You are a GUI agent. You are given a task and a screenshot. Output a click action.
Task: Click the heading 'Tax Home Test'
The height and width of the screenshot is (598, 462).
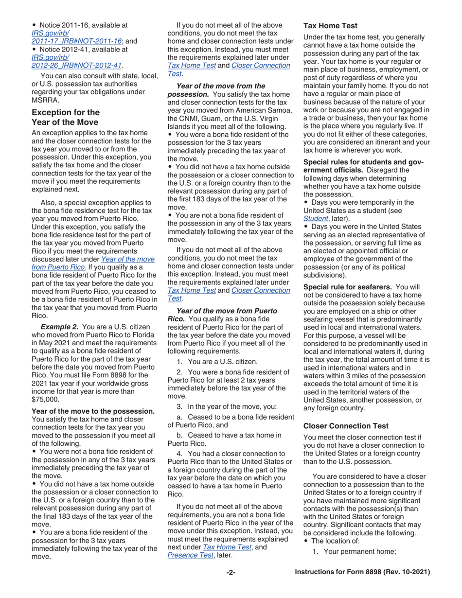(330, 26)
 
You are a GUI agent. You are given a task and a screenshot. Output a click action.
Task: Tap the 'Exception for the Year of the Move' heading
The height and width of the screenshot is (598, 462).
(66, 117)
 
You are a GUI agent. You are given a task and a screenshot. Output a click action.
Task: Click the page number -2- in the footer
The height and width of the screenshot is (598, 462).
(231, 573)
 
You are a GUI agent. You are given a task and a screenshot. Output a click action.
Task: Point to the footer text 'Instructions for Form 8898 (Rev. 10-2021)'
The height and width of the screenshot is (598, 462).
(363, 573)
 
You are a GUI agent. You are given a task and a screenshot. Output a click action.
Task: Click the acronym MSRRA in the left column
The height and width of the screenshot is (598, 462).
(45, 100)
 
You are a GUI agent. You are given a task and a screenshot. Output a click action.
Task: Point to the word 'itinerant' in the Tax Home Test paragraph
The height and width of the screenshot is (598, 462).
(397, 142)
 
